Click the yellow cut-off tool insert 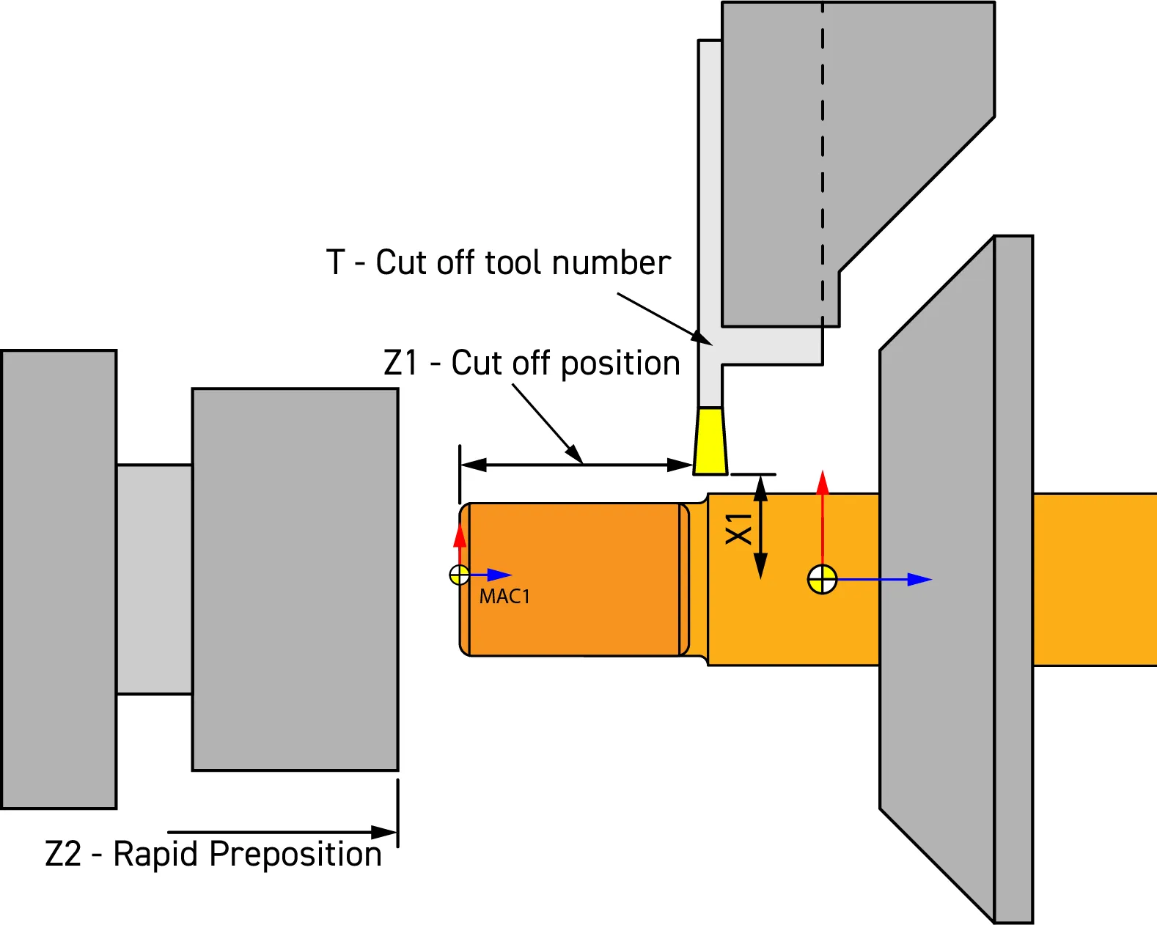[x=710, y=441]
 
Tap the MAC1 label [x=504, y=597]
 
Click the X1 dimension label [x=739, y=528]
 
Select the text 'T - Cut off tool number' [x=498, y=262]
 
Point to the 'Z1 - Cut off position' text [x=532, y=363]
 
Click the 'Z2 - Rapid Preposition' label [x=213, y=854]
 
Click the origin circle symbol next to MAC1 [x=460, y=575]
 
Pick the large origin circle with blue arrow [x=822, y=580]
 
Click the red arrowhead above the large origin [x=823, y=482]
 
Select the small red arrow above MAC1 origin [x=460, y=536]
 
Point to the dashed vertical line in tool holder [x=823, y=161]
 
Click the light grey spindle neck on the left [x=154, y=579]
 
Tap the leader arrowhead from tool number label [x=702, y=339]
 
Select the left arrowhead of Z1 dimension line [x=474, y=465]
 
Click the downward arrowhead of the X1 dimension [x=761, y=566]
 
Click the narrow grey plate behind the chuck [x=1013, y=579]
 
